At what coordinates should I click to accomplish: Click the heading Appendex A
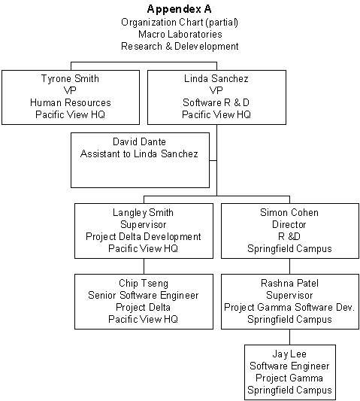pos(180,10)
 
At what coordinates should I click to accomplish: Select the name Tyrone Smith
pos(70,79)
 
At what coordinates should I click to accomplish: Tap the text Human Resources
pos(70,102)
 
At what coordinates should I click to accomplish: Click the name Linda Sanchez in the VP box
pos(216,78)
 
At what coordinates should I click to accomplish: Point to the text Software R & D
pos(216,102)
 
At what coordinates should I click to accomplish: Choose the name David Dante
pos(140,141)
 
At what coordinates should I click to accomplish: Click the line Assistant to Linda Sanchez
pos(139,153)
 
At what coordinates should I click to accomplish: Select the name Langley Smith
pos(143,213)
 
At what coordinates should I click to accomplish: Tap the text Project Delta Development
pos(144,236)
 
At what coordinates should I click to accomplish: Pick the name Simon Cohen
pos(289,212)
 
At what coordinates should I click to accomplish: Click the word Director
pos(289,224)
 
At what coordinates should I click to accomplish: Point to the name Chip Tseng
pos(144,284)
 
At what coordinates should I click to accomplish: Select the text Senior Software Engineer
pos(144,296)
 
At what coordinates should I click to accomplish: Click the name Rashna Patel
pos(290,284)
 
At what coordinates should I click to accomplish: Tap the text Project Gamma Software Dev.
pos(289,307)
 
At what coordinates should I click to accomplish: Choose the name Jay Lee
pos(289,354)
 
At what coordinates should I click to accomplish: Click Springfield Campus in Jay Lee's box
pos(290,390)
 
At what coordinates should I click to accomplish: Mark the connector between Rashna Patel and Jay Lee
pos(290,337)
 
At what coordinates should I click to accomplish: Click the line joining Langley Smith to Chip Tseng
pos(144,266)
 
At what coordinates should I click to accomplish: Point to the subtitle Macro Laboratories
pos(180,35)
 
